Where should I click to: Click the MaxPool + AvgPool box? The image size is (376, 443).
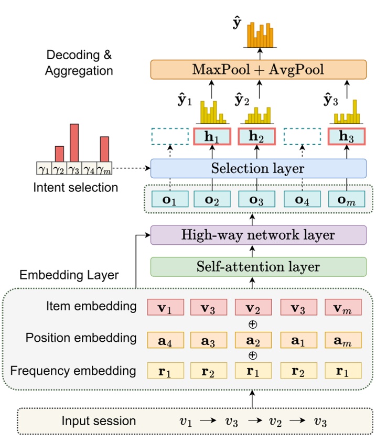(258, 70)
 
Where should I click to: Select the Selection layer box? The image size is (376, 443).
(258, 169)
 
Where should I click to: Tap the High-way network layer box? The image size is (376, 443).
(258, 235)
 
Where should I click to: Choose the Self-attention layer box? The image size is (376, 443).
(258, 267)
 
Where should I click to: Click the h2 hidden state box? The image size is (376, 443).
(257, 137)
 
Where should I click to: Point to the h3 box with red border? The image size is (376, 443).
(347, 137)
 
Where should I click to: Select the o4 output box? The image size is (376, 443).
(302, 200)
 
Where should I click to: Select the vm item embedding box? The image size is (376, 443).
(343, 307)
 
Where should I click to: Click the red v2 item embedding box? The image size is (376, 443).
(254, 307)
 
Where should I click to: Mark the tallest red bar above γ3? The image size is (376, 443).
(74, 143)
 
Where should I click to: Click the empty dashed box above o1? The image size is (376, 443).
(169, 137)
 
